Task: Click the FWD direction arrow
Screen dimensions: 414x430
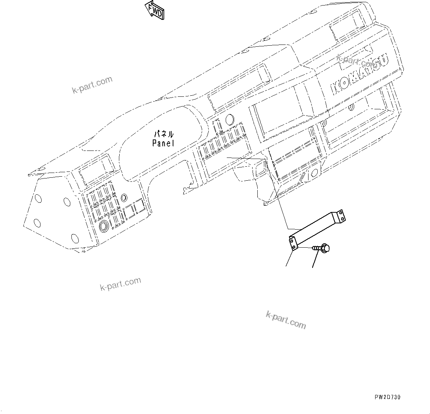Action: tap(155, 10)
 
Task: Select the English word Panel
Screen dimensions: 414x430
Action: tap(163, 143)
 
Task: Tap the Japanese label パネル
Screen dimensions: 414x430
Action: tap(164, 134)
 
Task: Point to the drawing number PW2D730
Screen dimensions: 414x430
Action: tap(388, 397)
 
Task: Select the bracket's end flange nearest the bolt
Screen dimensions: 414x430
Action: tap(293, 243)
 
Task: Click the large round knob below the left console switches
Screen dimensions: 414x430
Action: tap(104, 225)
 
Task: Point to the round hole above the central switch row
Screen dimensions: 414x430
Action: tap(229, 119)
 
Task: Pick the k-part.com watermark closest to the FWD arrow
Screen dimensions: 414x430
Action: tap(92, 85)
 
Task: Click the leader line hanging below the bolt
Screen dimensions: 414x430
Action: tap(315, 261)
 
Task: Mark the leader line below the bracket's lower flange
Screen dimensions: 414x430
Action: tap(289, 259)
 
